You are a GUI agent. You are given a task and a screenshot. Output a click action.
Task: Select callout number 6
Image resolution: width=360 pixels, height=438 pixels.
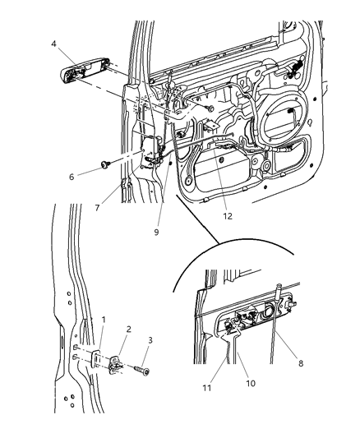[x=70, y=176]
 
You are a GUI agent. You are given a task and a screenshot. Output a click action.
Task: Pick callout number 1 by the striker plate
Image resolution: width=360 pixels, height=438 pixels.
[x=103, y=319]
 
